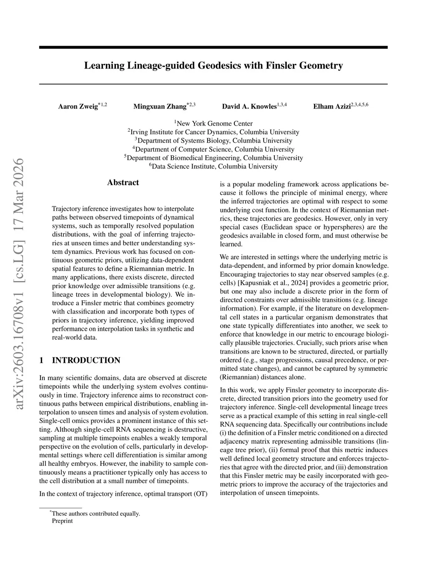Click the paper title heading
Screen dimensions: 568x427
213,65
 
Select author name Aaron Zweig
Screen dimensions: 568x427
78,106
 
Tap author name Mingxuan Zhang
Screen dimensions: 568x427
160,106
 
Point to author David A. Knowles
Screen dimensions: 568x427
249,106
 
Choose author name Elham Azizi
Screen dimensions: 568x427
332,106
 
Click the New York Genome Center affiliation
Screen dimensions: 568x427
213,123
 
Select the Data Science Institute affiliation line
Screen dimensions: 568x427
213,166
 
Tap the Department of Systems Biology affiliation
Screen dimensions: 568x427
213,141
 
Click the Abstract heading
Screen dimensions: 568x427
123,182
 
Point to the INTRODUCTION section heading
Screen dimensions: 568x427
86,360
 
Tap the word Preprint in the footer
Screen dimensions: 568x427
63,521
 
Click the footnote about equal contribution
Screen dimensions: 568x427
95,513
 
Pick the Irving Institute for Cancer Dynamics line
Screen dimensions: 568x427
213,132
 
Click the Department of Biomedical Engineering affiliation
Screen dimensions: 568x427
213,158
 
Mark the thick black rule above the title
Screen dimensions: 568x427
213,48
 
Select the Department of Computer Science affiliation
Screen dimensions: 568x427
213,149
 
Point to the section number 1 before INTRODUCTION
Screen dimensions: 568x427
41,360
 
